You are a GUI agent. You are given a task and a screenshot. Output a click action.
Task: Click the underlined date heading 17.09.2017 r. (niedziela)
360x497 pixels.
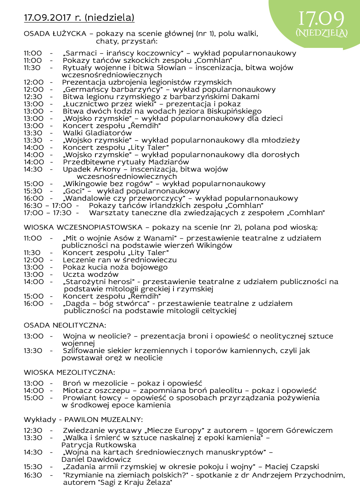tap(79, 17)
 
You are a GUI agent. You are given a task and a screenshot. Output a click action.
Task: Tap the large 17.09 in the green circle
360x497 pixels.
tap(321, 20)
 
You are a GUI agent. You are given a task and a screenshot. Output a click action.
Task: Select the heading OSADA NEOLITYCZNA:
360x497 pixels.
tap(65, 325)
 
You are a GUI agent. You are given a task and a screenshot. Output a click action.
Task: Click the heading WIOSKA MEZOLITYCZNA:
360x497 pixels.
tap(69, 372)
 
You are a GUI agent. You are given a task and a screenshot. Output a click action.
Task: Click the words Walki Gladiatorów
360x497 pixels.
tap(97, 133)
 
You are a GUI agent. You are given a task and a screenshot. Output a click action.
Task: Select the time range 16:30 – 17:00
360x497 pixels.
tap(48, 205)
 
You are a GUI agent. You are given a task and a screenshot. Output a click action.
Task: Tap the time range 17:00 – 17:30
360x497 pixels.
tap(48, 213)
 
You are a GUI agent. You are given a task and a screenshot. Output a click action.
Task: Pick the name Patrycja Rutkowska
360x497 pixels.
tap(99, 445)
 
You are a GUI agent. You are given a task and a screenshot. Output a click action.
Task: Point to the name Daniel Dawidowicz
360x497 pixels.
tap(96, 459)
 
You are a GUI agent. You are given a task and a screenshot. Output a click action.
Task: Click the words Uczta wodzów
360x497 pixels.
tap(91, 274)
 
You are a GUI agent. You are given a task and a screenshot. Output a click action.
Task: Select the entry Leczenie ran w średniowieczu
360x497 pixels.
tap(120, 260)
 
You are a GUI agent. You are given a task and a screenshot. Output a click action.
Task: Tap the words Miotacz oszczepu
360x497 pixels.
tap(96, 390)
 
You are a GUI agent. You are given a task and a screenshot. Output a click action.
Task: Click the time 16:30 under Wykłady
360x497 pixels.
tap(33, 475)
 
